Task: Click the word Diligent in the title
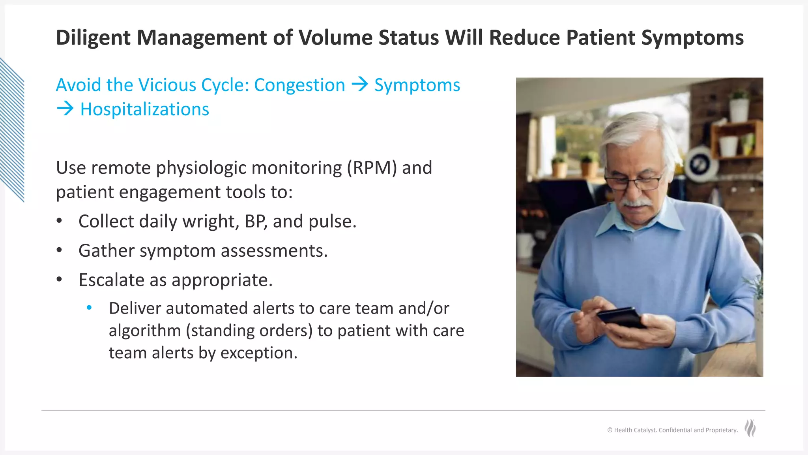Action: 93,38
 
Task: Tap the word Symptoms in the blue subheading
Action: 417,85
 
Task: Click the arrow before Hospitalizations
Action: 65,109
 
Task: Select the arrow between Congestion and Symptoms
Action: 359,84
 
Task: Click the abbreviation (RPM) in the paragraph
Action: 372,168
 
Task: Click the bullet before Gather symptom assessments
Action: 59,250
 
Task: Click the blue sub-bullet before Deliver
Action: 89,308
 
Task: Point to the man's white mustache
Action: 636,203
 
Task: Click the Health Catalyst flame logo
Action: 750,428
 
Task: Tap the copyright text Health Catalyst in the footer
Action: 635,430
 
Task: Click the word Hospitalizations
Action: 144,109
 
